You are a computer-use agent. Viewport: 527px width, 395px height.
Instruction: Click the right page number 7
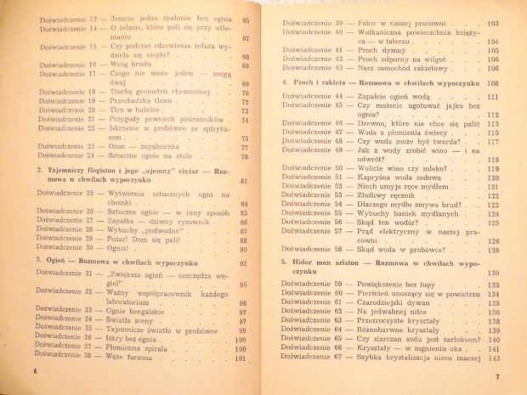click(499, 376)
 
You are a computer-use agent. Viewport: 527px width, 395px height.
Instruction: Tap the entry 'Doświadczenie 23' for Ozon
click(65, 145)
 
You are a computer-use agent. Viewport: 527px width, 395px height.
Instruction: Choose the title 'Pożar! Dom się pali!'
click(141, 240)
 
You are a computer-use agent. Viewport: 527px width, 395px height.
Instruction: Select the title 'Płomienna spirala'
click(144, 346)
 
